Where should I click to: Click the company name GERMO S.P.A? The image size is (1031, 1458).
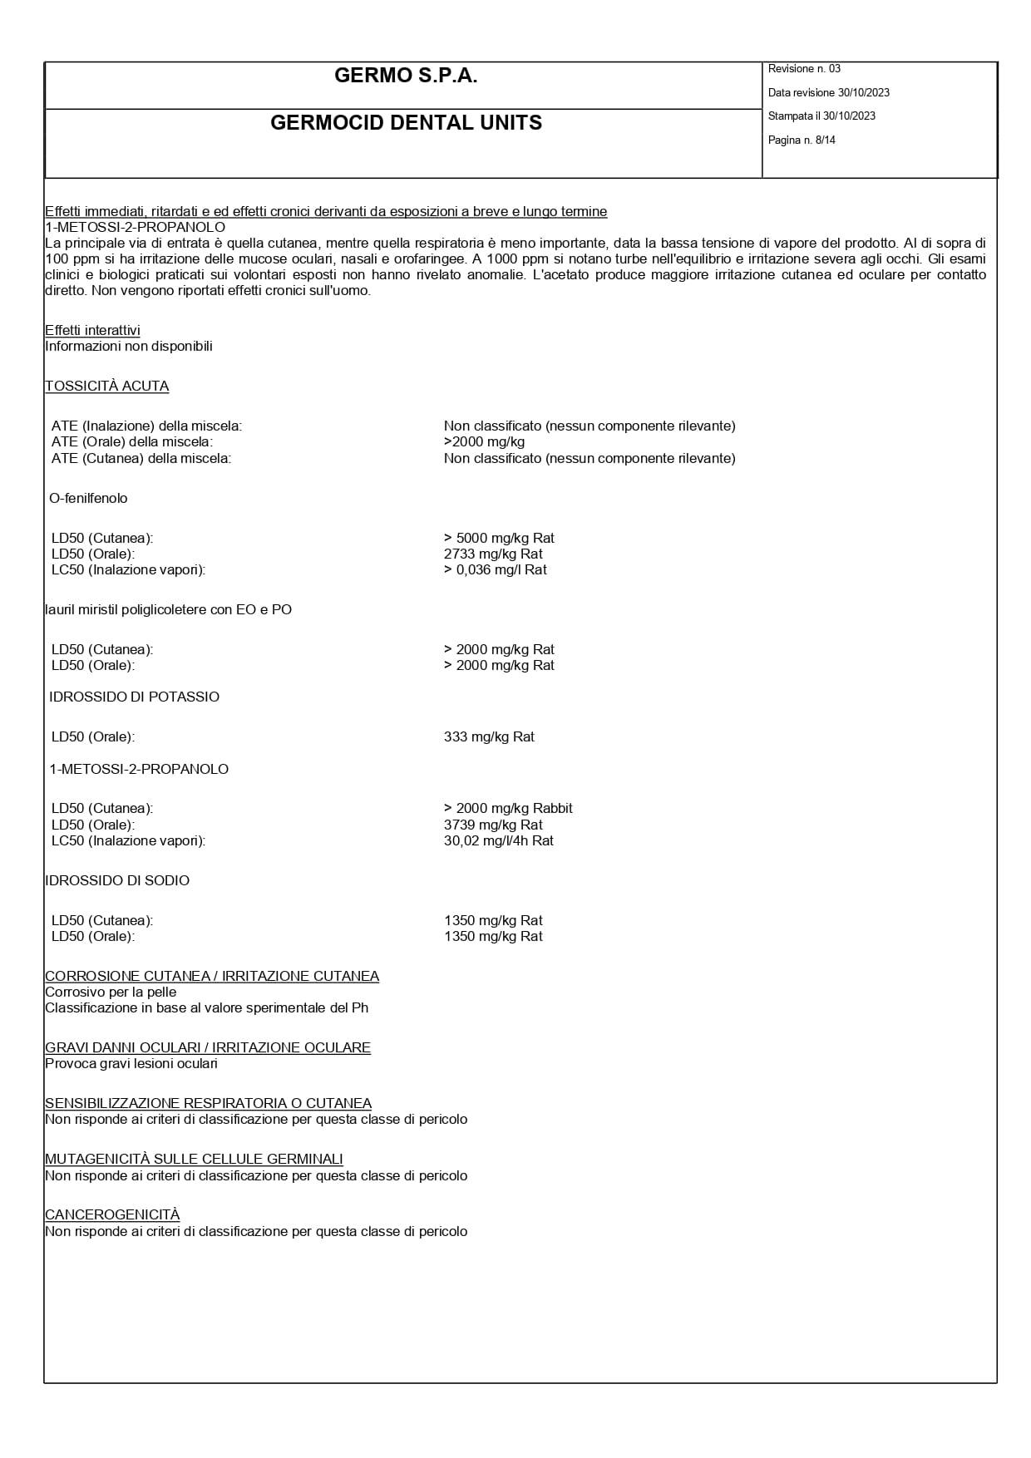pos(406,76)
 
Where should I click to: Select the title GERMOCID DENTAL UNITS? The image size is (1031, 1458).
pos(406,123)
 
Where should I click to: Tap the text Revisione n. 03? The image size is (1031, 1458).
pos(804,69)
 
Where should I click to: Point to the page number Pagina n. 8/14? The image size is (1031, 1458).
pos(802,140)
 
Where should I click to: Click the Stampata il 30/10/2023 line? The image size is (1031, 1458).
pos(821,116)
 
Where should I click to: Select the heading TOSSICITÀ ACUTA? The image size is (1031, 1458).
pos(106,387)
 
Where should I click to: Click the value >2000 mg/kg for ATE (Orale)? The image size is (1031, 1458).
pos(484,442)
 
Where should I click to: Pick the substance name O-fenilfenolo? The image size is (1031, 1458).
pos(88,499)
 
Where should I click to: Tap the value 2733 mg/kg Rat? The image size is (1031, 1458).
pos(493,554)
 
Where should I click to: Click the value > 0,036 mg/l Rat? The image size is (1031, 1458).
pos(496,570)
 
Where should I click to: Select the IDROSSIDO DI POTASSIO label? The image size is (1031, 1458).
pos(134,697)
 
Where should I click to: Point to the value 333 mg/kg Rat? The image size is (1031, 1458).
pos(489,737)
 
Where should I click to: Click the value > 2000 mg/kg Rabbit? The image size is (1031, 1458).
pos(508,809)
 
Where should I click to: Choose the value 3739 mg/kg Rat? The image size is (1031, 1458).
pos(493,825)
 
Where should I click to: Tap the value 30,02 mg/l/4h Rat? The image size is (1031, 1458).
pos(499,841)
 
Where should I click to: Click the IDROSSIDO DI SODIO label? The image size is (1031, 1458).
pos(117,881)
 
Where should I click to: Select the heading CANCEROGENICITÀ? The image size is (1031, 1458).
pos(112,1215)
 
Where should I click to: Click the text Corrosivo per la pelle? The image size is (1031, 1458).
pos(111,993)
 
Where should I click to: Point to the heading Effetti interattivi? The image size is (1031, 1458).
pos(92,331)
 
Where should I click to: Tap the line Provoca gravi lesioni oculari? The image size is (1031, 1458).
pos(131,1064)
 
